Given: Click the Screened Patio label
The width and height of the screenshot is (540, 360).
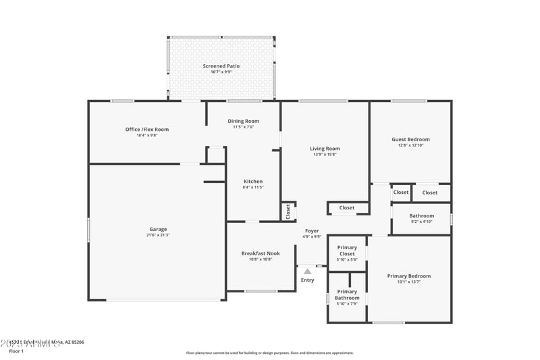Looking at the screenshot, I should click(221, 66).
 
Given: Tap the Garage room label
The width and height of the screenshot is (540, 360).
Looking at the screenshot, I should click(158, 229).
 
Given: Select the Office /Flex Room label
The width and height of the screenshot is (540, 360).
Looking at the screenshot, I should click(146, 129).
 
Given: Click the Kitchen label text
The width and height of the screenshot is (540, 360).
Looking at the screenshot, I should click(253, 181).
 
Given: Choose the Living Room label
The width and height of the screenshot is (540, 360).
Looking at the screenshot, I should click(325, 149).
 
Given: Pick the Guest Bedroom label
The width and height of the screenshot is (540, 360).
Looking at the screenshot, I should click(410, 140).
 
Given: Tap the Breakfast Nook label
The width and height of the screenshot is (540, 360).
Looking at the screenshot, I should click(261, 253).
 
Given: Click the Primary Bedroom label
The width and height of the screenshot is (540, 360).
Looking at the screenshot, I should click(408, 276).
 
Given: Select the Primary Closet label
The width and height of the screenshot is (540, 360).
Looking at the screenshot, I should click(347, 251).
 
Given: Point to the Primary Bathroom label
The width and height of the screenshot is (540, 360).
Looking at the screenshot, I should click(347, 294).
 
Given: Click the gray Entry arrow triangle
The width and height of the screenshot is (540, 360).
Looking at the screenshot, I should click(308, 272).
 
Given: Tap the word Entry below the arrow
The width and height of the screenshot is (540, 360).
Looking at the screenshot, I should click(308, 280).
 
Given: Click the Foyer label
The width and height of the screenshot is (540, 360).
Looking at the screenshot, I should click(312, 231).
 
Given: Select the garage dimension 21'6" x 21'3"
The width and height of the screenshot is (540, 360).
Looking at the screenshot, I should click(158, 235).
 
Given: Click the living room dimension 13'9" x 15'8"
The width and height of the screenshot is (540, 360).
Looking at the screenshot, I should click(325, 155).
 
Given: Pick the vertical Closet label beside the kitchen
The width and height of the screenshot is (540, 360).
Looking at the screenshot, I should click(288, 211).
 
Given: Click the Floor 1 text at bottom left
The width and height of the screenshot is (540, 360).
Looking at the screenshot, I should click(16, 351).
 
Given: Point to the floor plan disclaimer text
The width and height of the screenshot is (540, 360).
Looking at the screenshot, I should click(269, 353).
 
